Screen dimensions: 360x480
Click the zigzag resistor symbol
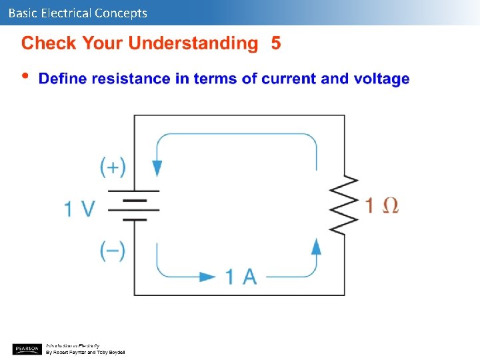pyautogui.click(x=344, y=205)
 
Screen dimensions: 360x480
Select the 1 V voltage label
pyautogui.click(x=79, y=208)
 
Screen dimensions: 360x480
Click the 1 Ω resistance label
pyautogui.click(x=382, y=205)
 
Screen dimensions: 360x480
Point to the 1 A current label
pyautogui.click(x=241, y=276)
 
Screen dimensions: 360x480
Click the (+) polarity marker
pyautogui.click(x=113, y=167)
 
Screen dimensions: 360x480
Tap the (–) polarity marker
pyautogui.click(x=113, y=251)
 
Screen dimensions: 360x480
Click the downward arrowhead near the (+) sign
pyautogui.click(x=157, y=168)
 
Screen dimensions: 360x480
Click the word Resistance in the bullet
pyautogui.click(x=131, y=79)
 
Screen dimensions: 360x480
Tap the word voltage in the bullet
pyautogui.click(x=381, y=79)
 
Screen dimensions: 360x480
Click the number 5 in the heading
pyautogui.click(x=276, y=43)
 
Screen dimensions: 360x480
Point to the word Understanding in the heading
pyautogui.click(x=193, y=44)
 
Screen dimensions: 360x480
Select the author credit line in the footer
pyautogui.click(x=85, y=352)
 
